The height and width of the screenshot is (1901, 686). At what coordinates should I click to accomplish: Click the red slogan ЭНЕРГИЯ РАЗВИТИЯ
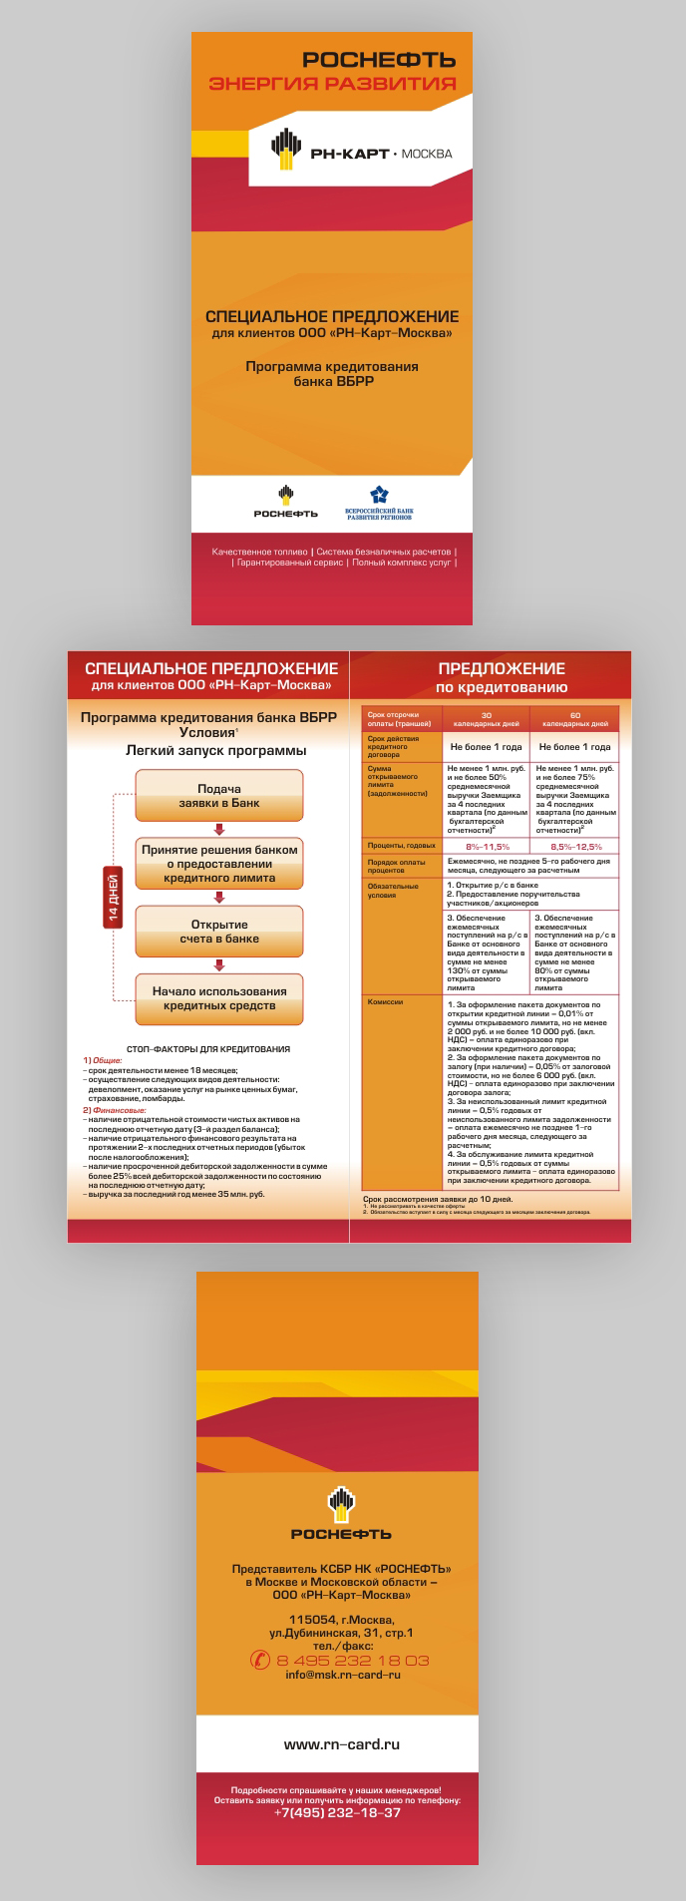(x=332, y=84)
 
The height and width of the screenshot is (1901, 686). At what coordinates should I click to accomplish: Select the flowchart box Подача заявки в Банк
(x=219, y=796)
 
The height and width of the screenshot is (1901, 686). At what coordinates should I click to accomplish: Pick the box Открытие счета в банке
(x=219, y=932)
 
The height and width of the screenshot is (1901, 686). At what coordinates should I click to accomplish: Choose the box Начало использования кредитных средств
(x=219, y=998)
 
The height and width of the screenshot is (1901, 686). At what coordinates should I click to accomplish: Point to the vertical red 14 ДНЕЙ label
(x=113, y=897)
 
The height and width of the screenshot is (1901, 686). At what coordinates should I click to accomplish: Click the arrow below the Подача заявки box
(x=219, y=830)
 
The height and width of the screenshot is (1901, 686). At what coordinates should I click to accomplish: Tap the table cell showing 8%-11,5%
(x=487, y=846)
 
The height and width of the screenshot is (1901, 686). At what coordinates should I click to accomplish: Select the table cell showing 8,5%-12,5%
(x=575, y=846)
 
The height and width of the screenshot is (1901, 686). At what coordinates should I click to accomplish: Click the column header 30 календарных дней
(x=487, y=719)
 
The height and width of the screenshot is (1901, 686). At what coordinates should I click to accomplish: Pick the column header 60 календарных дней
(x=575, y=719)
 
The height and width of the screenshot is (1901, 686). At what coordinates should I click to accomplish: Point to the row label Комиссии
(x=386, y=1001)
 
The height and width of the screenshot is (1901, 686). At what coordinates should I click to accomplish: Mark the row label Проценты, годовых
(x=401, y=846)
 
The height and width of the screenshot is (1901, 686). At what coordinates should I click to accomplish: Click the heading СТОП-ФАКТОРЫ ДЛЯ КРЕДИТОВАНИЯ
(x=208, y=1049)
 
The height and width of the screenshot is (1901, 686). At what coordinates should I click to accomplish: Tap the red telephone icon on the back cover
(x=259, y=1660)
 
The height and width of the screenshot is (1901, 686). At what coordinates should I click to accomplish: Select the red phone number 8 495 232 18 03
(x=353, y=1661)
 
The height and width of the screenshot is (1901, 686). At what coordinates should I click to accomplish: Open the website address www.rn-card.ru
(x=342, y=1744)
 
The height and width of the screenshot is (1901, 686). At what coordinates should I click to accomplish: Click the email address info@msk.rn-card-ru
(x=343, y=1675)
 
